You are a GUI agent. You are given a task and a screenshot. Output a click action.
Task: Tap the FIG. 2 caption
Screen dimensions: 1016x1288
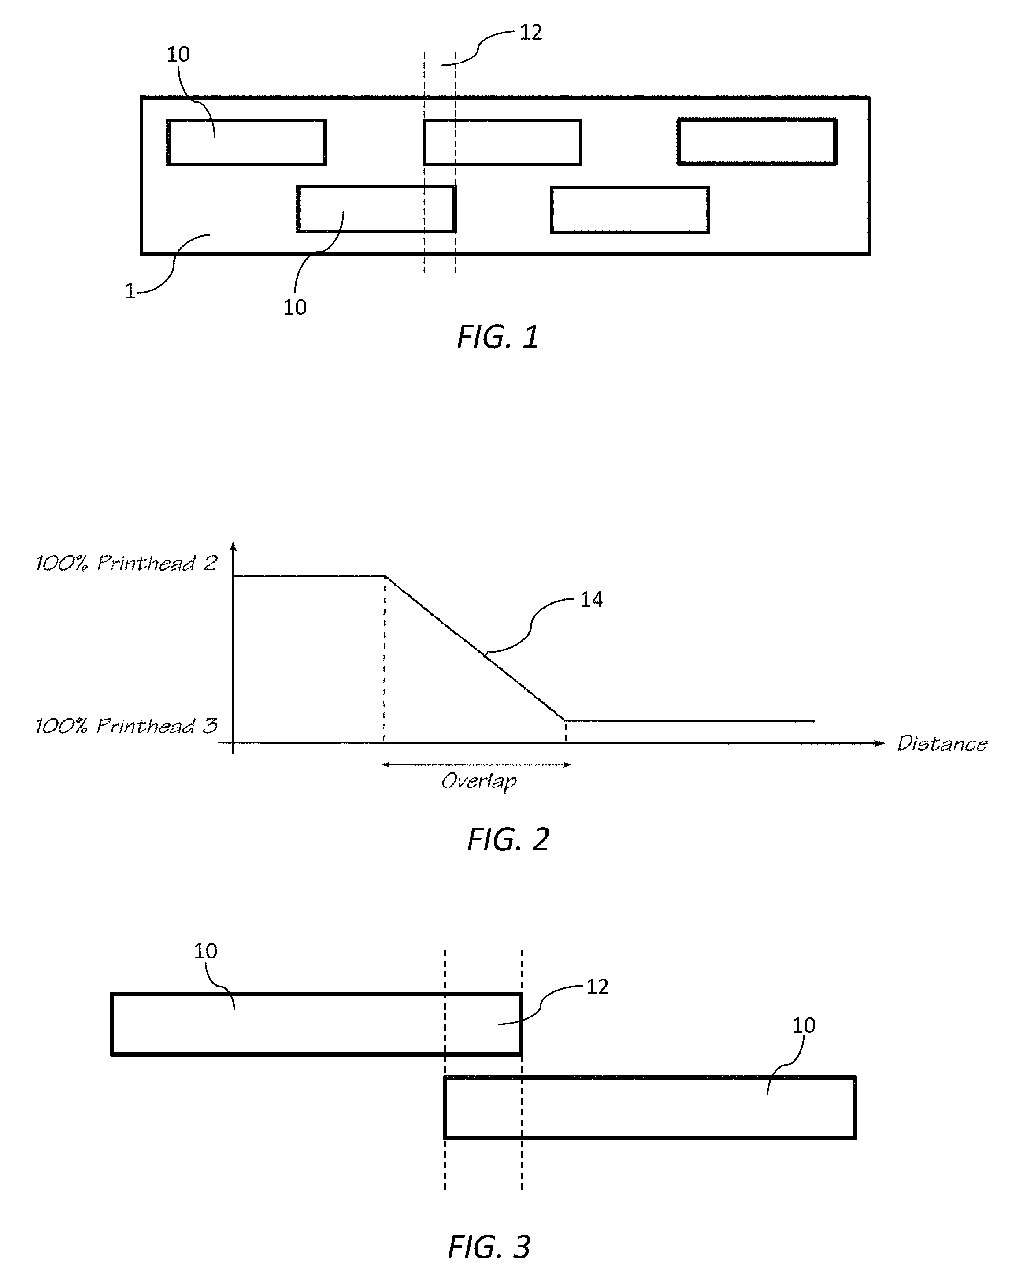(x=508, y=839)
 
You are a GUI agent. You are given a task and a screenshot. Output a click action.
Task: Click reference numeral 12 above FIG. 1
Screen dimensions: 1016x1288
(x=530, y=33)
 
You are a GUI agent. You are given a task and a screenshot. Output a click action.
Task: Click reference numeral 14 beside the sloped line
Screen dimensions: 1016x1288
(x=591, y=600)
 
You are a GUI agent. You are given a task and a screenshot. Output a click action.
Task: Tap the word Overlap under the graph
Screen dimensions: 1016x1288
(x=479, y=782)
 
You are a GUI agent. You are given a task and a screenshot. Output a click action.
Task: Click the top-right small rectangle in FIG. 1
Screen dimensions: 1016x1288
(x=756, y=141)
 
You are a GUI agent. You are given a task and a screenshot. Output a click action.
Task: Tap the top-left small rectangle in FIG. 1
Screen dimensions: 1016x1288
(x=246, y=142)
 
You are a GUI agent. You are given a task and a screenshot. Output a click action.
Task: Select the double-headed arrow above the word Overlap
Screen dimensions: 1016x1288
(x=476, y=765)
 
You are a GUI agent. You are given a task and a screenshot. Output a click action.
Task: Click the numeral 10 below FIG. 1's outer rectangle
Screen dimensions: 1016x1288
(x=294, y=308)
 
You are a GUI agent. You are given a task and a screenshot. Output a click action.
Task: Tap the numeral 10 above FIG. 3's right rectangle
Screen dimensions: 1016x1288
(x=804, y=1025)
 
